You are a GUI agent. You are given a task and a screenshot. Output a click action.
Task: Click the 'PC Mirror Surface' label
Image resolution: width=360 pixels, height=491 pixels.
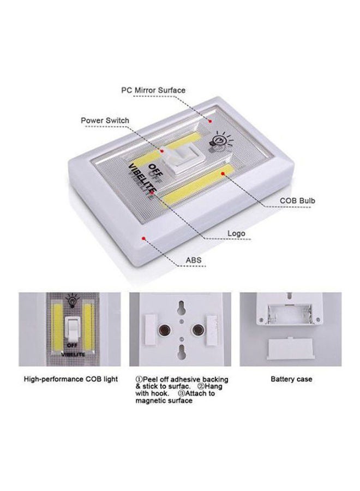153,90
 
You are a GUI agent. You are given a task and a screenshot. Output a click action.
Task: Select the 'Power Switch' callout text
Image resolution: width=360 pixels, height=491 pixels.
105,121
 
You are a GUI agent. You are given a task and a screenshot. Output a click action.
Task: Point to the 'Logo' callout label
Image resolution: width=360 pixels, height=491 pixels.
237,233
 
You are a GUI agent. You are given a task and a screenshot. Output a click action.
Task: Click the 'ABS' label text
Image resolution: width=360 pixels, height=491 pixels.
194,261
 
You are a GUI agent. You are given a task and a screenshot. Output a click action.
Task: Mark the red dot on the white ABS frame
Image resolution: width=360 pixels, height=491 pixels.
143,238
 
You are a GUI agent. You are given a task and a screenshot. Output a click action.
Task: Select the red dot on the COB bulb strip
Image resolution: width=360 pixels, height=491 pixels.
223,173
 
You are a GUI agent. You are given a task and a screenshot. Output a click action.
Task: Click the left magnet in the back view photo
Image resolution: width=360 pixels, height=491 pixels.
163,331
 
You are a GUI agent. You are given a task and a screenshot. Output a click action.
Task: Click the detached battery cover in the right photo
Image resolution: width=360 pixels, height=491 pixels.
291,347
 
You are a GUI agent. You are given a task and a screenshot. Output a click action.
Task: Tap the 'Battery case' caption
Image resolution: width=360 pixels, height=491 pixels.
291,379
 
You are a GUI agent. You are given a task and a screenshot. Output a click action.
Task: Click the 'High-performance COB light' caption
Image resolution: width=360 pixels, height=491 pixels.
71,379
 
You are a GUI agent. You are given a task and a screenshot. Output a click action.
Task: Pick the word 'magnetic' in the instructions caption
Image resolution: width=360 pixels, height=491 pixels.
154,401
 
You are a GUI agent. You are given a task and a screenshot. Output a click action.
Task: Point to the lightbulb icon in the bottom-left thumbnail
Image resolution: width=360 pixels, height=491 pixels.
71,300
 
